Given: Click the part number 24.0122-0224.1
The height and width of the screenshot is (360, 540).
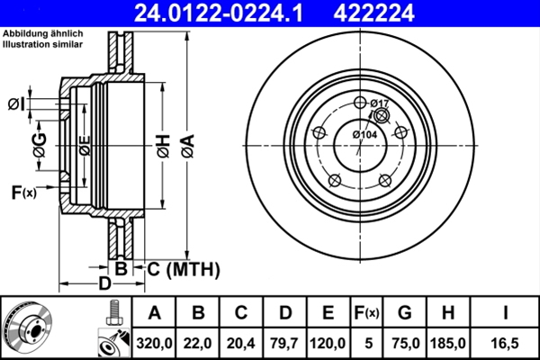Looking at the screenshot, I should [229, 12].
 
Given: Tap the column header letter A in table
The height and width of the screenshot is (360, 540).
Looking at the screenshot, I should [154, 313].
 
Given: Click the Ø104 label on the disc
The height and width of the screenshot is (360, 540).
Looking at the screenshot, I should [364, 134].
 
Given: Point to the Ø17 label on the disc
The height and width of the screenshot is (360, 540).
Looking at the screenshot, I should [379, 103].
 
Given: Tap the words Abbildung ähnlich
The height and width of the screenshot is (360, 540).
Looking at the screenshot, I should [38, 33].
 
